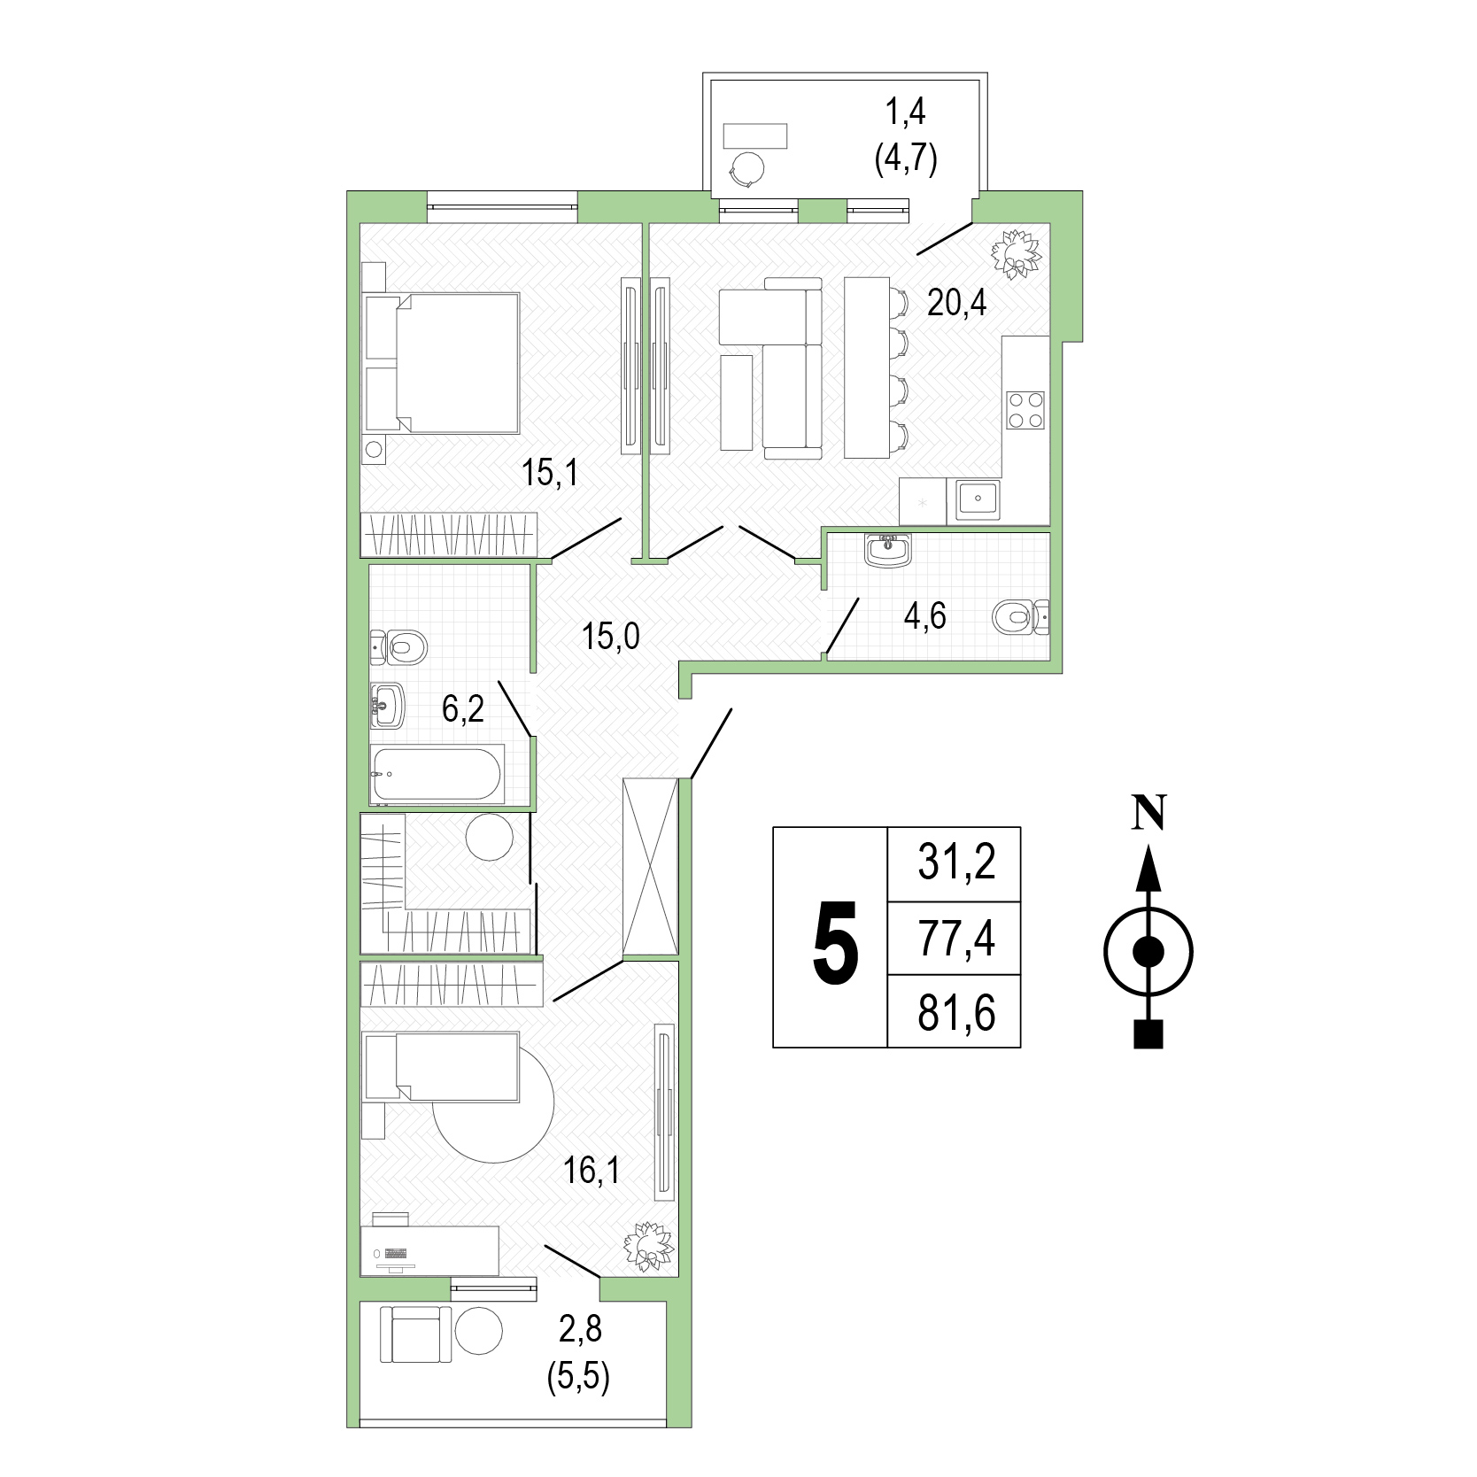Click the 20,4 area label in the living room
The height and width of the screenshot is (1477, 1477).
956,303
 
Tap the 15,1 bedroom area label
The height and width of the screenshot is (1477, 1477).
549,473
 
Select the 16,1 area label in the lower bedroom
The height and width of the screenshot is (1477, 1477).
592,1171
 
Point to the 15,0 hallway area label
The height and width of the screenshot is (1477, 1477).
611,636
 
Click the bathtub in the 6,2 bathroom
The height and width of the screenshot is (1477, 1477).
437,775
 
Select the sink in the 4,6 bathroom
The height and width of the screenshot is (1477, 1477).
889,550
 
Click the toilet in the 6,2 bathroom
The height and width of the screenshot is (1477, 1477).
398,646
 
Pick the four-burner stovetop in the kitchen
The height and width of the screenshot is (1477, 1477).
1025,410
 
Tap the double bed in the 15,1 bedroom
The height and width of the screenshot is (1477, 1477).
443,363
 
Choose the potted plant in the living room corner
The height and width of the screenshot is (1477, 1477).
1016,253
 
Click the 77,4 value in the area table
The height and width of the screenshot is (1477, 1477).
956,939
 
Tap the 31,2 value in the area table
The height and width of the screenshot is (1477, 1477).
956,862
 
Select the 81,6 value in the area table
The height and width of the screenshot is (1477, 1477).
956,1013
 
